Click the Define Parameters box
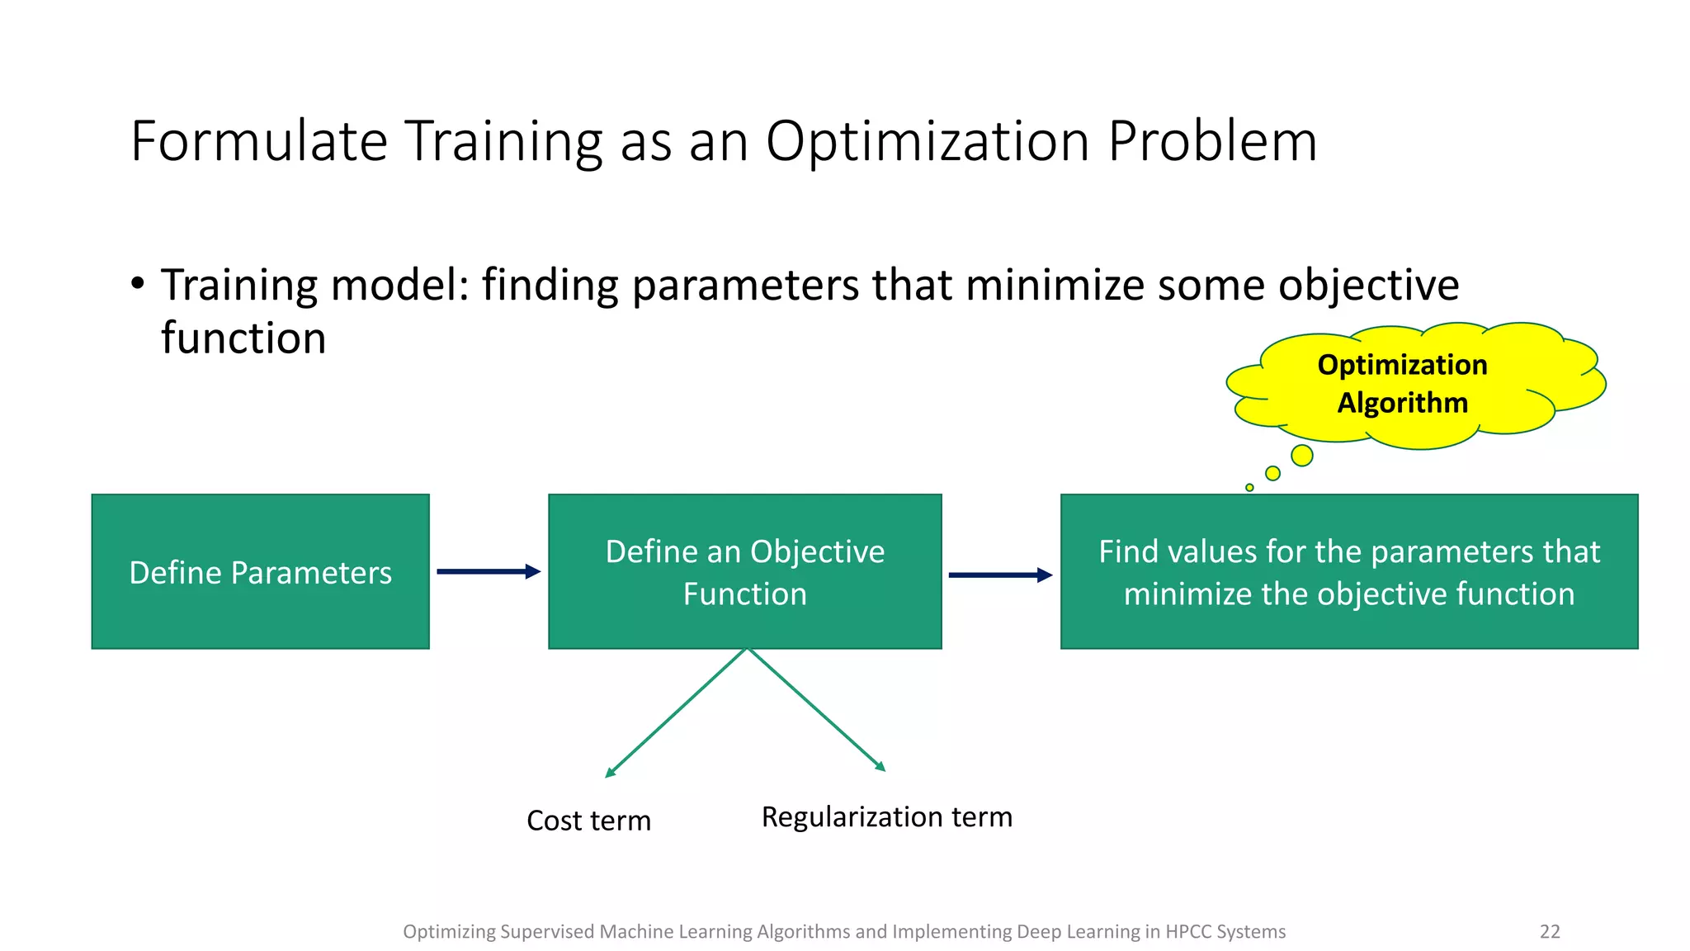click(260, 571)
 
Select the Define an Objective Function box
click(744, 571)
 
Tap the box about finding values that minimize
click(1348, 571)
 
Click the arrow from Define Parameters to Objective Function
click(487, 571)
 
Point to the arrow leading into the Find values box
click(999, 575)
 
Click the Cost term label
click(588, 821)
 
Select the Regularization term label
click(886, 816)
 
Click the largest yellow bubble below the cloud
click(1301, 455)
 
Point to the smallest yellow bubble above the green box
click(1249, 488)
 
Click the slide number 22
click(1550, 931)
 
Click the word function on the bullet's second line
click(243, 338)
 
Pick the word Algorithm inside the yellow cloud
click(1402, 403)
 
